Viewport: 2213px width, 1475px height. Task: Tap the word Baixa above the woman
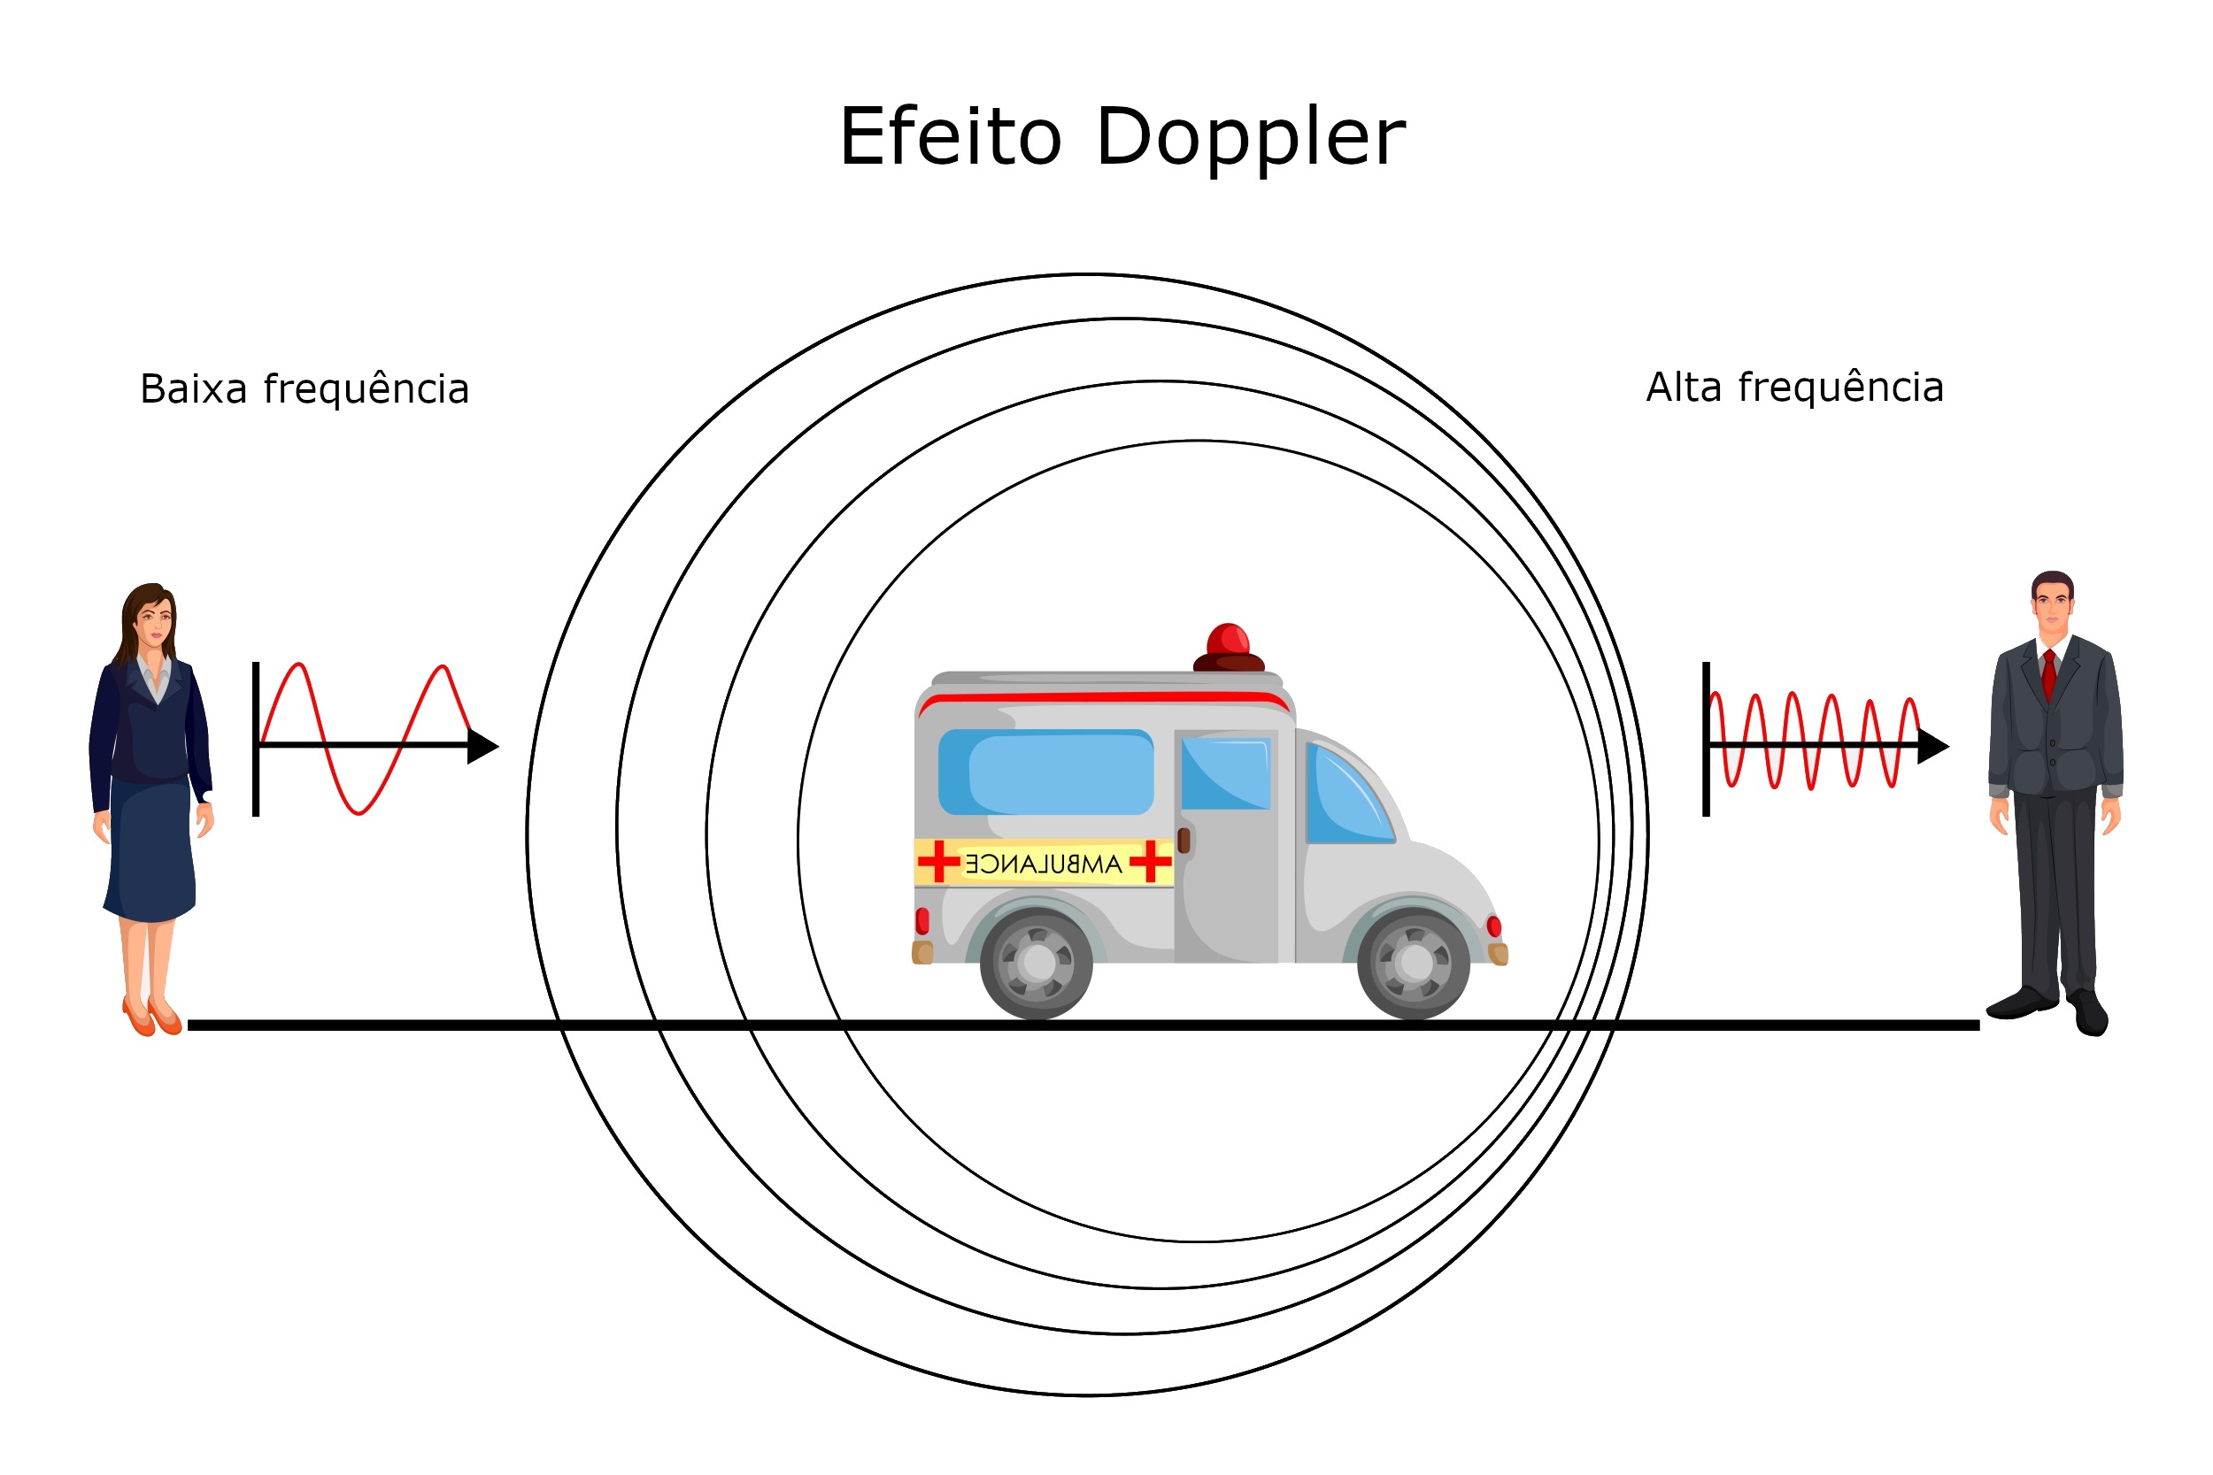pos(194,389)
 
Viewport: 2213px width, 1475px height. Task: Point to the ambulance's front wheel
pos(1414,963)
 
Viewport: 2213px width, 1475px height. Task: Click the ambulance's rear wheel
pos(1036,963)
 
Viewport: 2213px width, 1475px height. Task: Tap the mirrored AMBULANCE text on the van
pos(1044,864)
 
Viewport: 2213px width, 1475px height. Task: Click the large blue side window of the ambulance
pos(1045,772)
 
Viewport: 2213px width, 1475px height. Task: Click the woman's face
pos(155,621)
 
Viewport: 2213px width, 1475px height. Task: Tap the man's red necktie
pos(2048,673)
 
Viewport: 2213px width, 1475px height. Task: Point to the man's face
pos(2052,611)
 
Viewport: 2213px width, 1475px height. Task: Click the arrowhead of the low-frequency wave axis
pos(482,746)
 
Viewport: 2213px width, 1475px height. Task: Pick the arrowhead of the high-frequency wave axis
pos(1933,746)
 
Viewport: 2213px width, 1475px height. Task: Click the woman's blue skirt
pos(150,851)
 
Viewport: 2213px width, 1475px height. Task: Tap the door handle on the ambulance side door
pos(1184,840)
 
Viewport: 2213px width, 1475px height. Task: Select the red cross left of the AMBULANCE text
pos(938,862)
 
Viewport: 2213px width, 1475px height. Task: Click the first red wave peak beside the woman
pos(298,665)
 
